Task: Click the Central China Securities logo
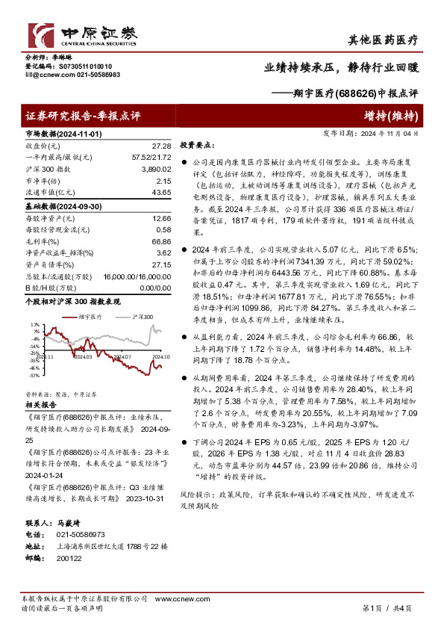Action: [82, 34]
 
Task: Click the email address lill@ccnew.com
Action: [46, 75]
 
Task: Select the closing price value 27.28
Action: [161, 146]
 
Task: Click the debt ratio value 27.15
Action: [161, 264]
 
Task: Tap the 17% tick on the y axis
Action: [36, 325]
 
